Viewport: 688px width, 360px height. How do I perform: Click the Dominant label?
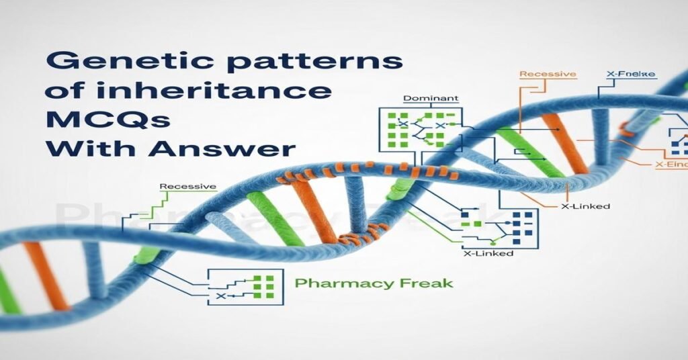pyautogui.click(x=431, y=99)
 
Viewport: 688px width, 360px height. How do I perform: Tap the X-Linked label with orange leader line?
pyautogui.click(x=585, y=206)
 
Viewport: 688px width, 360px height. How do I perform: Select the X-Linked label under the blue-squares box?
pyautogui.click(x=488, y=253)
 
